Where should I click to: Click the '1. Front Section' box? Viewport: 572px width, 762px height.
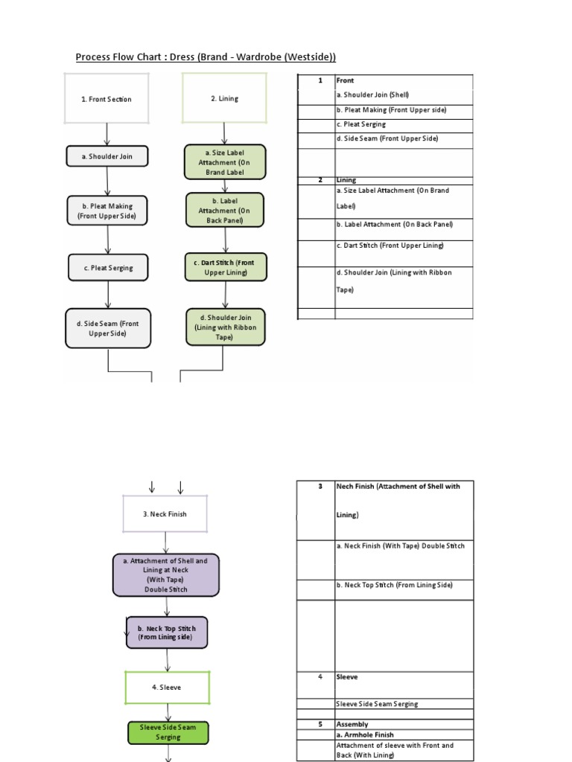tap(107, 98)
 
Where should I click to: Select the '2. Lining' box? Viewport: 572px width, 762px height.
tap(224, 98)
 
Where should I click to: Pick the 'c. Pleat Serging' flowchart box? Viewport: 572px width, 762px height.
tap(109, 268)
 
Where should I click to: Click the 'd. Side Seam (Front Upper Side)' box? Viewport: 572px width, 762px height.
tap(109, 328)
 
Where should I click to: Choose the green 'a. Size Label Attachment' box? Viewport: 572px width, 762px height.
tap(225, 161)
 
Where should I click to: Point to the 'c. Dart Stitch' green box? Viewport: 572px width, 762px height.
tap(225, 268)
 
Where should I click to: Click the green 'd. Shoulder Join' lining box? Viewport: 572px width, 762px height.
tap(225, 327)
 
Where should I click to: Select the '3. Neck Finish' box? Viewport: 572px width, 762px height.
tap(165, 514)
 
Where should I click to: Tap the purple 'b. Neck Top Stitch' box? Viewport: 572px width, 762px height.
tap(167, 633)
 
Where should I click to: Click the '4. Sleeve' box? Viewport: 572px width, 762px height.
tap(168, 688)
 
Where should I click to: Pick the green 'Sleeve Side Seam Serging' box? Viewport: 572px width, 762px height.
tap(168, 731)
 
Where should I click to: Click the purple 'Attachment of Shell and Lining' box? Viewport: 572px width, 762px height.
tap(166, 574)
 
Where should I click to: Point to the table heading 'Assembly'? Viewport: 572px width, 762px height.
tap(352, 724)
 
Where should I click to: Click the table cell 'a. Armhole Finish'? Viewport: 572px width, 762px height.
tap(365, 734)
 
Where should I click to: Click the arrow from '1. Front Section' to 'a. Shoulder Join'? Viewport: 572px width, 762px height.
tap(108, 134)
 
